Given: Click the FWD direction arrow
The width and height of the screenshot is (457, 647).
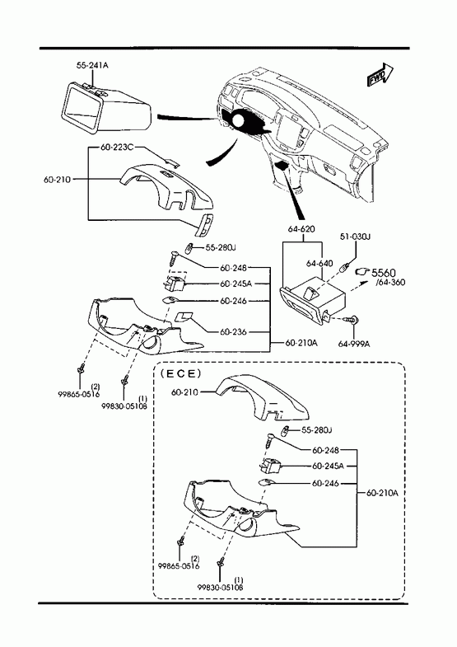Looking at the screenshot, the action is pyautogui.click(x=380, y=75).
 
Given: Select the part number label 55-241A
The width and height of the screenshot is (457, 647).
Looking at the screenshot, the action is pyautogui.click(x=92, y=65).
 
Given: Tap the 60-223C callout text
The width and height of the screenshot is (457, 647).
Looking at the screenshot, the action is pyautogui.click(x=117, y=148).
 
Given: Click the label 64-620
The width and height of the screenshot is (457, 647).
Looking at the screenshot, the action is pyautogui.click(x=301, y=229).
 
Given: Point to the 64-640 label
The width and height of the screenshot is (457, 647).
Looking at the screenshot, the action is pyautogui.click(x=319, y=263).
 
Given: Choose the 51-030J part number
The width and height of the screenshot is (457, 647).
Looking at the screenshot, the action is pyautogui.click(x=355, y=237).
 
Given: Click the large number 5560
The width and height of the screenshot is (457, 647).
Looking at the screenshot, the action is pyautogui.click(x=384, y=273).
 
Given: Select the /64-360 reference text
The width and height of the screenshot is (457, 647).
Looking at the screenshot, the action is pyautogui.click(x=390, y=282).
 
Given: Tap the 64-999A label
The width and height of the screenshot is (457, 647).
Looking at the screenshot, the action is pyautogui.click(x=354, y=343).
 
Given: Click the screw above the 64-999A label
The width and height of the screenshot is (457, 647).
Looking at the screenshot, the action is pyautogui.click(x=353, y=319).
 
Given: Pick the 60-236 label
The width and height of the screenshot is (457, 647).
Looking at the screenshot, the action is pyautogui.click(x=233, y=331).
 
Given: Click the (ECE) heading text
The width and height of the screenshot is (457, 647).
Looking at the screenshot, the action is pyautogui.click(x=180, y=373).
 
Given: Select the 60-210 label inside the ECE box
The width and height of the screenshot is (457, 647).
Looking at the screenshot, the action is pyautogui.click(x=184, y=392).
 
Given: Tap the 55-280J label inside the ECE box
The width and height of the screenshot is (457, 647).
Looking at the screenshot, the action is pyautogui.click(x=317, y=430).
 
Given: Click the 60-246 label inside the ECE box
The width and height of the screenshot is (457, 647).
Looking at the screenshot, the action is pyautogui.click(x=325, y=483).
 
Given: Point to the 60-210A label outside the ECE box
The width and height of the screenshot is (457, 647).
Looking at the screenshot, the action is pyautogui.click(x=301, y=342).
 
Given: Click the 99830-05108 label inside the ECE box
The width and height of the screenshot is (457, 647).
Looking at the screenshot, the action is pyautogui.click(x=220, y=587).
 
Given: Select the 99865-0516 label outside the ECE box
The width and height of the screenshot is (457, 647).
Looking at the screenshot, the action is pyautogui.click(x=79, y=394).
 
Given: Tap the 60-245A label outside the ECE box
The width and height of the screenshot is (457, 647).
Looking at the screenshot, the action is pyautogui.click(x=235, y=284).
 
